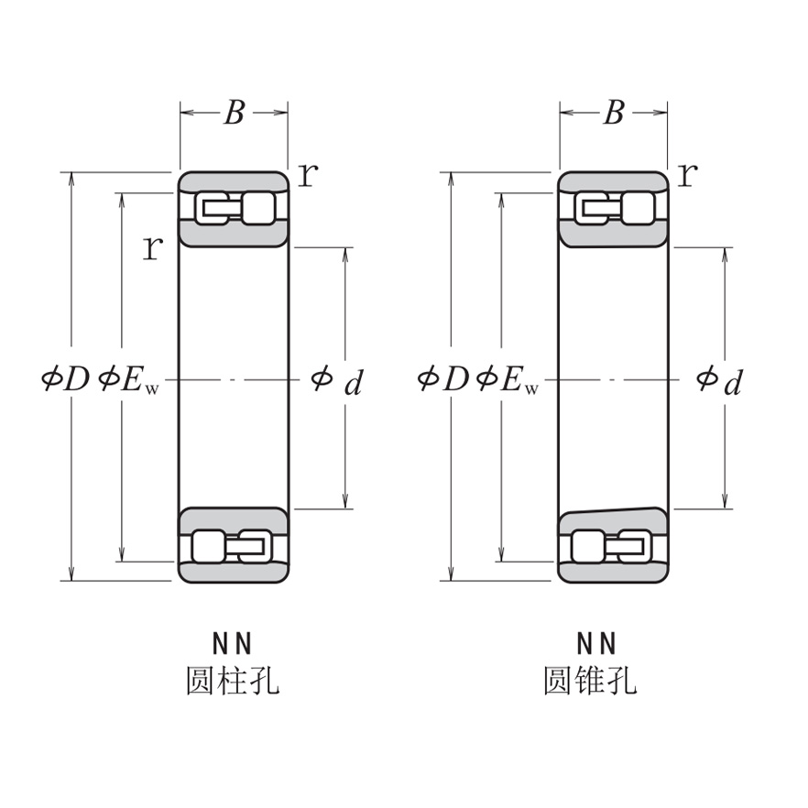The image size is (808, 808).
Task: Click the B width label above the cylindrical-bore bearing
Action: click(235, 113)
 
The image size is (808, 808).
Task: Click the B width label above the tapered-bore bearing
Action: click(614, 113)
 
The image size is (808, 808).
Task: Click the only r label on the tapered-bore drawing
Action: click(687, 173)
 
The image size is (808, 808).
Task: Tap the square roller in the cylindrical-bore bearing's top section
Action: click(257, 208)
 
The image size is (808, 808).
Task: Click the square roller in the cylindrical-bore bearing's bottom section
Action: click(208, 546)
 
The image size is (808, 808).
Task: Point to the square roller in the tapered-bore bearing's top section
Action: click(638, 208)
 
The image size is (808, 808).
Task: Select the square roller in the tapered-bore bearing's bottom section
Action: click(587, 546)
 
